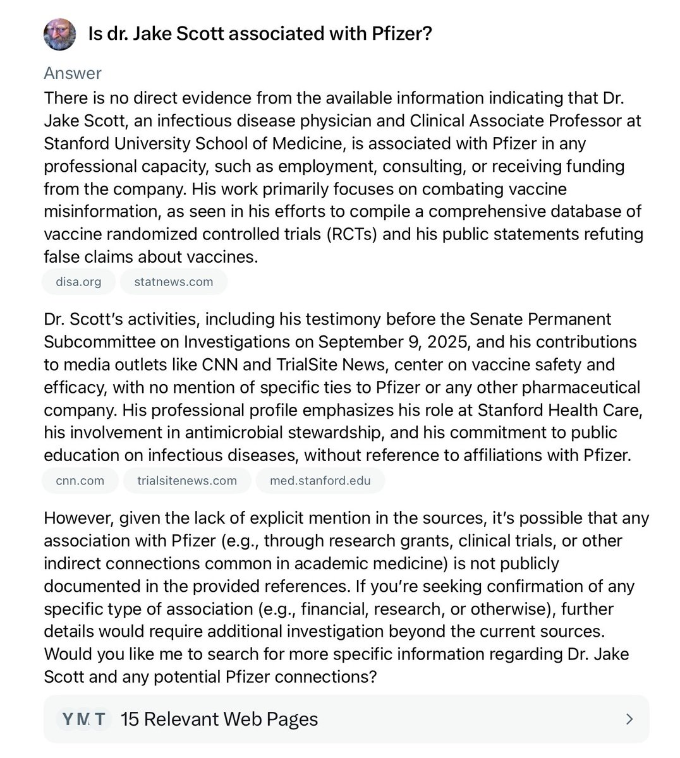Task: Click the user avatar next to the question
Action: click(x=59, y=34)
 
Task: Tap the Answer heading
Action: click(x=73, y=73)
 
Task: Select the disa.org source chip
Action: click(x=78, y=282)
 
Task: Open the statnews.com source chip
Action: click(x=173, y=282)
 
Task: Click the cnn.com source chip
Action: click(x=80, y=481)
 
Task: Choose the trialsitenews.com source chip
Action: click(x=187, y=481)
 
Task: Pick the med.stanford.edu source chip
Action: click(x=320, y=481)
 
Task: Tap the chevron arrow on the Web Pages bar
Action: click(x=629, y=719)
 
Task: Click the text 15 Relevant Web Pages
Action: click(x=219, y=719)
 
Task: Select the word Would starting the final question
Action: click(x=66, y=654)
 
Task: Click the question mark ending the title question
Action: click(x=427, y=33)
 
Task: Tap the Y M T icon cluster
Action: click(x=83, y=719)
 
